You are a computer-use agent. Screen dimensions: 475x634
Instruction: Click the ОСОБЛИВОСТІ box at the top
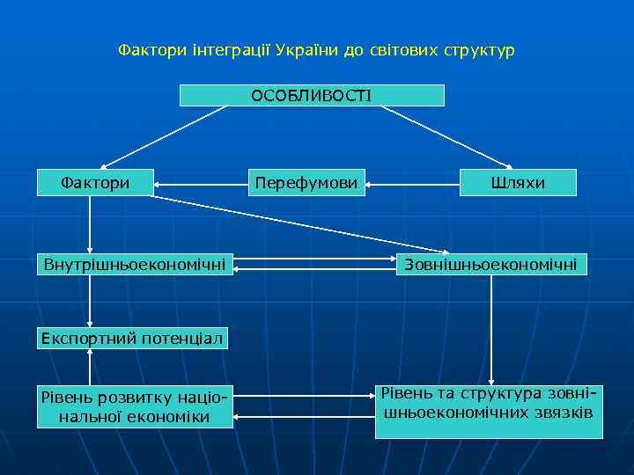click(312, 95)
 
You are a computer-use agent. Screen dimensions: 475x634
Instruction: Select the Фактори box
click(95, 183)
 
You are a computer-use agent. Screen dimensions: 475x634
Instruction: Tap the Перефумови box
click(306, 183)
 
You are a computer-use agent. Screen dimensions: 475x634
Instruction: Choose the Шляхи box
click(518, 183)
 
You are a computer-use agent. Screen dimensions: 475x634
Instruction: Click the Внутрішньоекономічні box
click(135, 263)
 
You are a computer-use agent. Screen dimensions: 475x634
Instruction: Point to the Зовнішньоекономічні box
click(491, 263)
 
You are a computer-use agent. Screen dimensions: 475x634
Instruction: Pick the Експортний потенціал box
click(132, 338)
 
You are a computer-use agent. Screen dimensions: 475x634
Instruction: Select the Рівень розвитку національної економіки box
click(135, 406)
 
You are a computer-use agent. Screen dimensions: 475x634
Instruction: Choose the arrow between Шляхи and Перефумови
click(412, 185)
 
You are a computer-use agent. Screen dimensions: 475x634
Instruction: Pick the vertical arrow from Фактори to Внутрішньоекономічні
click(90, 224)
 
